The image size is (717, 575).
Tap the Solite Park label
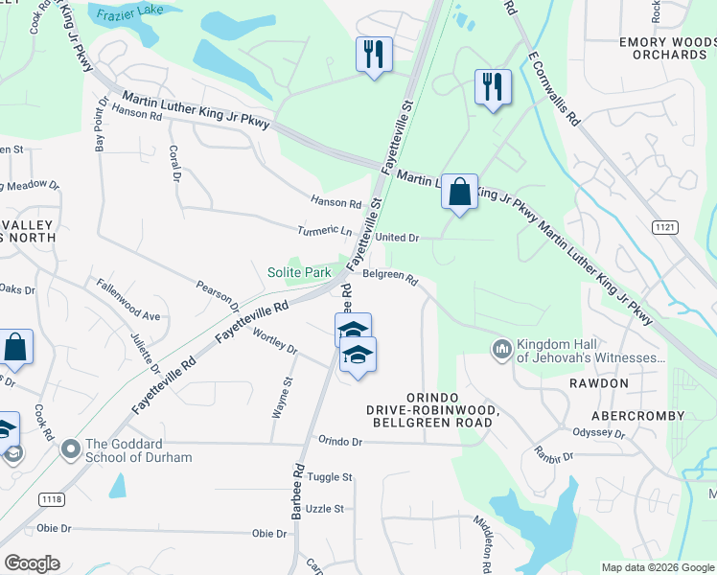(x=299, y=273)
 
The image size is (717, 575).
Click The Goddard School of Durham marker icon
(x=70, y=448)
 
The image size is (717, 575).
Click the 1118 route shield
(x=52, y=500)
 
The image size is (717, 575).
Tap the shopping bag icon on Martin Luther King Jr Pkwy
(x=460, y=192)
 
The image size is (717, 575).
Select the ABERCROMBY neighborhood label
(x=638, y=416)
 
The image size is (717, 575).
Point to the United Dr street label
(x=397, y=238)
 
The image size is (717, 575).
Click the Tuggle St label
(x=331, y=476)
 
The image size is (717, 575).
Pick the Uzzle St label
(x=326, y=508)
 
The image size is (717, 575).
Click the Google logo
(x=33, y=563)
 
